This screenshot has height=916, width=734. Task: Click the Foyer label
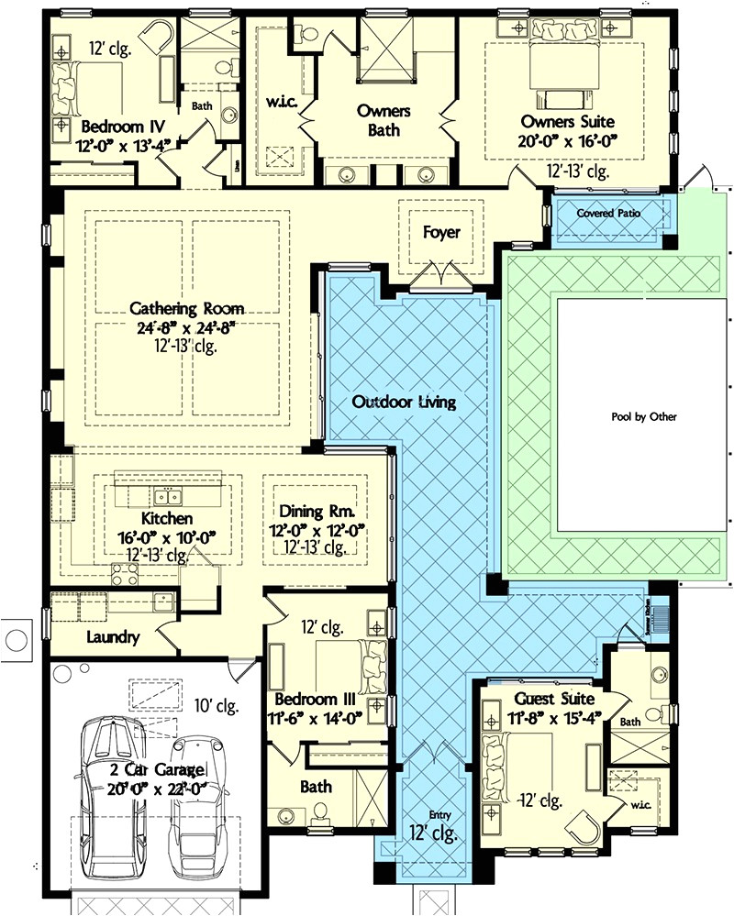[441, 233]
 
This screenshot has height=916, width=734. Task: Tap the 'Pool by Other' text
[644, 417]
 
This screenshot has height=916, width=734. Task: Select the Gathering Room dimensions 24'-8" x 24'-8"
[173, 328]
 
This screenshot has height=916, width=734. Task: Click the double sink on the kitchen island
[166, 497]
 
